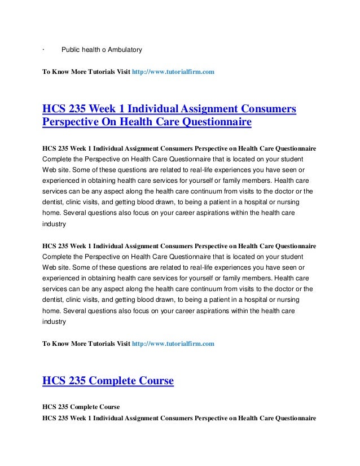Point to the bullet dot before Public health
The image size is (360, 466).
pyautogui.click(x=43, y=50)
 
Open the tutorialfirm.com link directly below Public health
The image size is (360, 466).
pyautogui.click(x=173, y=73)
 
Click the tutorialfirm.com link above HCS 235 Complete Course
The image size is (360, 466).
pyautogui.click(x=173, y=343)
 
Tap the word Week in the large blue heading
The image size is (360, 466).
pyautogui.click(x=98, y=107)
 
